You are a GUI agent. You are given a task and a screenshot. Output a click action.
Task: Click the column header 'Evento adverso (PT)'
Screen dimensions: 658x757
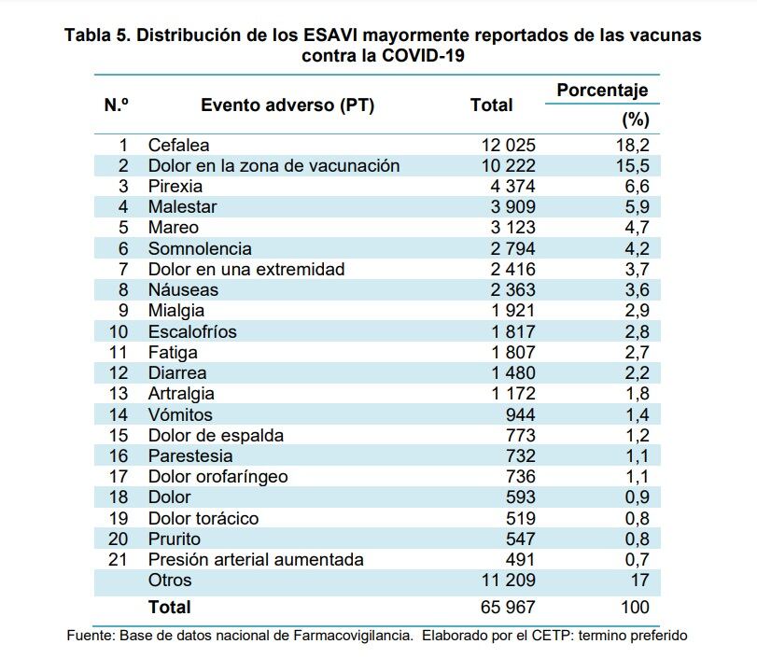[287, 105]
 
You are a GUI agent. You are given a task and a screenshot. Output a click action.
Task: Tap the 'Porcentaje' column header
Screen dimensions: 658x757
[602, 91]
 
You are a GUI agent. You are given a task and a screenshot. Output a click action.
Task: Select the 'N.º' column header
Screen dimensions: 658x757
[116, 105]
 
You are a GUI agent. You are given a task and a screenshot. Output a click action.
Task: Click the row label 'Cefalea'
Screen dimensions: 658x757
[178, 145]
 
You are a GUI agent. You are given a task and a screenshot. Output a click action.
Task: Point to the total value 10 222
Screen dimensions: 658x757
[508, 165]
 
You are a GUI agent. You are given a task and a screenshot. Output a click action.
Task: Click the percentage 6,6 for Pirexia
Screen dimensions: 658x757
[637, 186]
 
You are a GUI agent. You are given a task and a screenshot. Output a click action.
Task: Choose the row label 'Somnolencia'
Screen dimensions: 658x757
[200, 248]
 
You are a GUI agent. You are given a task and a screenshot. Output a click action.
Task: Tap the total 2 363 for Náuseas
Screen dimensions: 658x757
[508, 289]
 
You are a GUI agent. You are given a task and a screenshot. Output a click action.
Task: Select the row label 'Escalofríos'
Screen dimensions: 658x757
[192, 331]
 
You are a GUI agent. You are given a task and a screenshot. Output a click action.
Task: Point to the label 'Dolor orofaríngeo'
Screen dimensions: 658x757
[217, 476]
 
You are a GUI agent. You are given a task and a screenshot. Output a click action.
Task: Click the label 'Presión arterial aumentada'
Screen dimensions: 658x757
[256, 559]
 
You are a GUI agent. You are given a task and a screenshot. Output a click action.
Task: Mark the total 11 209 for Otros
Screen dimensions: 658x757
[508, 581]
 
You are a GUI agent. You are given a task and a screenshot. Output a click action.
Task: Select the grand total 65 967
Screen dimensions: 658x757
[508, 607]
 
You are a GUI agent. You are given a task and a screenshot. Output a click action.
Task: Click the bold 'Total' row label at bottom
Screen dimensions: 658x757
[169, 607]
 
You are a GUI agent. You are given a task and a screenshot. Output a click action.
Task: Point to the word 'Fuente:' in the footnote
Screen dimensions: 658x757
[91, 636]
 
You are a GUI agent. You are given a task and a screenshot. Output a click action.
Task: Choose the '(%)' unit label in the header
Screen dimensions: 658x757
[635, 119]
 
